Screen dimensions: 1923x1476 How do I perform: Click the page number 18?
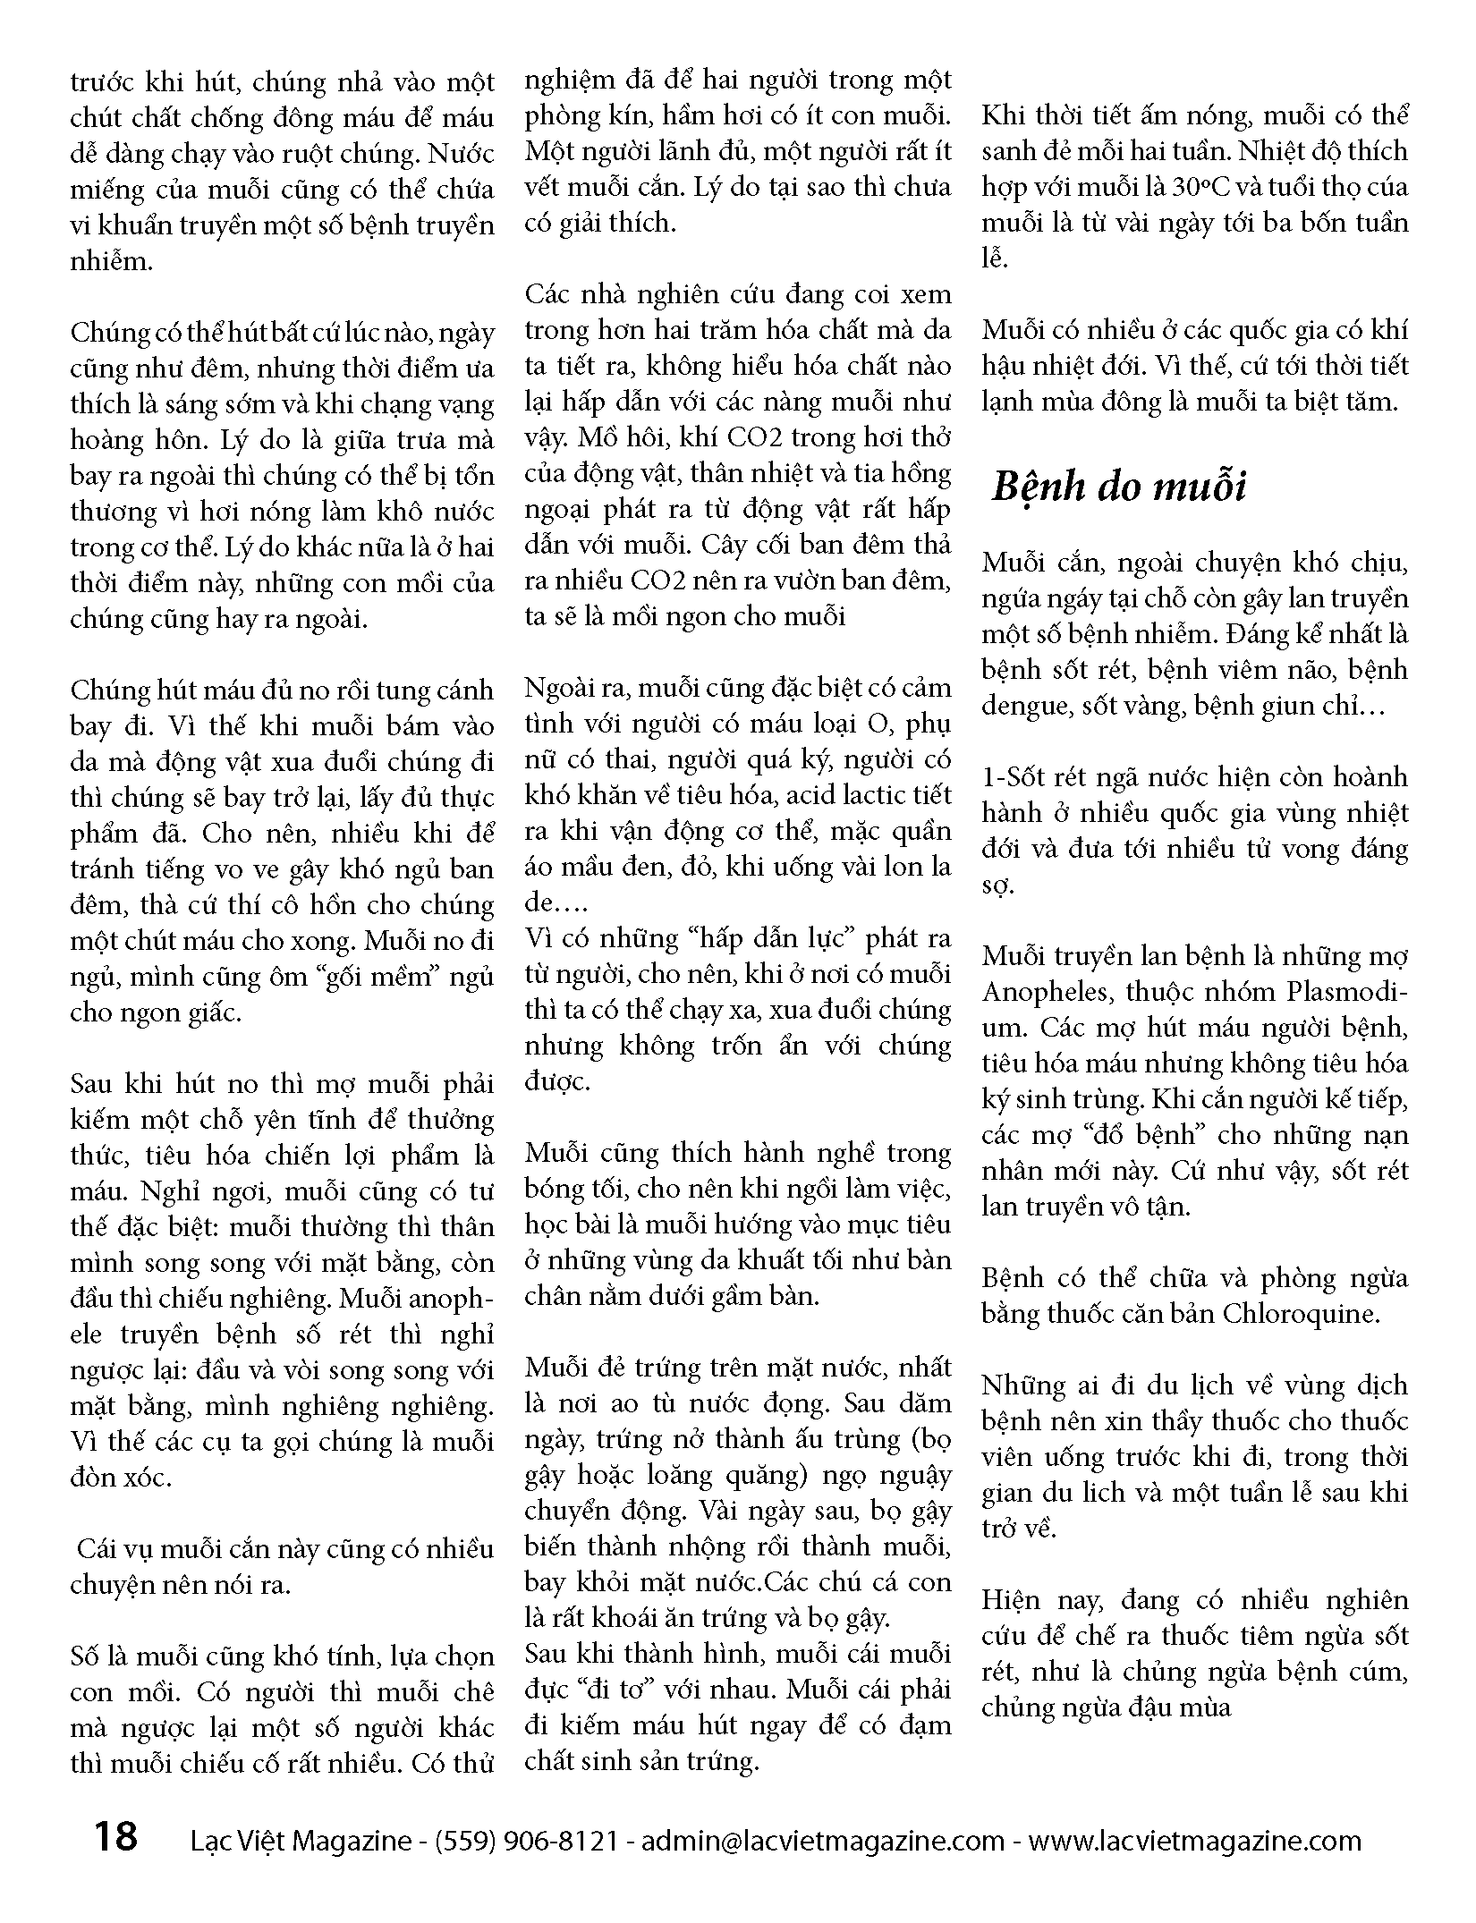tap(115, 1837)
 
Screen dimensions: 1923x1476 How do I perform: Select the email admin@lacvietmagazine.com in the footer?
tap(824, 1841)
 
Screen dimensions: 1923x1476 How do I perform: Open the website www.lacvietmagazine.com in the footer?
tap(1194, 1841)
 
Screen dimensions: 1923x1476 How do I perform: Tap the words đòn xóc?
tap(121, 1477)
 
